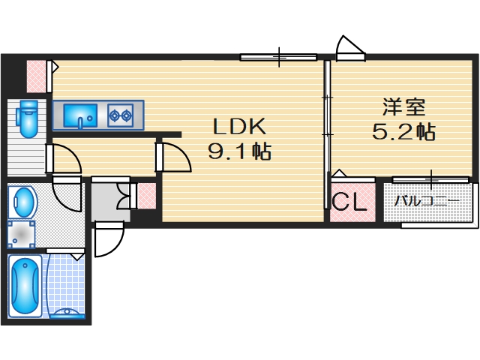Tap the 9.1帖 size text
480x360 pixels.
239,153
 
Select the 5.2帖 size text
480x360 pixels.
403,133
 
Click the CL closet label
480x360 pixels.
349,202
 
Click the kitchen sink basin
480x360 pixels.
79,116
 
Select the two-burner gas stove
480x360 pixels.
121,115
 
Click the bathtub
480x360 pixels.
26,285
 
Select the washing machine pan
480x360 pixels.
22,234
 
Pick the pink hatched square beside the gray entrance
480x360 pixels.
146,195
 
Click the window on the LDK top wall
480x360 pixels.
278,56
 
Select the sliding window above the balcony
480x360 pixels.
430,178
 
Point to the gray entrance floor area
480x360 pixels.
109,201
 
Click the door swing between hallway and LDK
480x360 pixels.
173,159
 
